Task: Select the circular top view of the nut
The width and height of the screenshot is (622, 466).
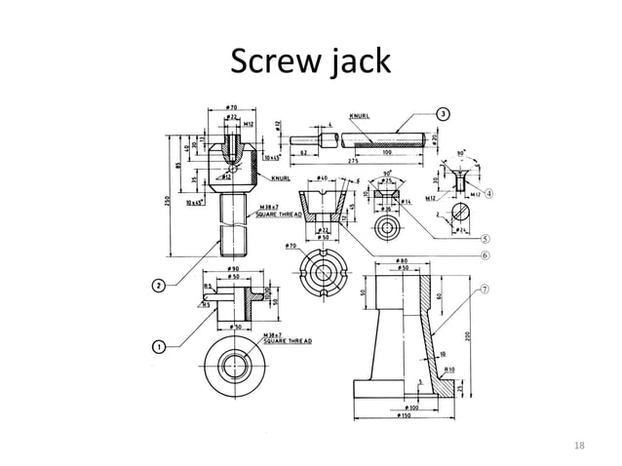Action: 233,367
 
